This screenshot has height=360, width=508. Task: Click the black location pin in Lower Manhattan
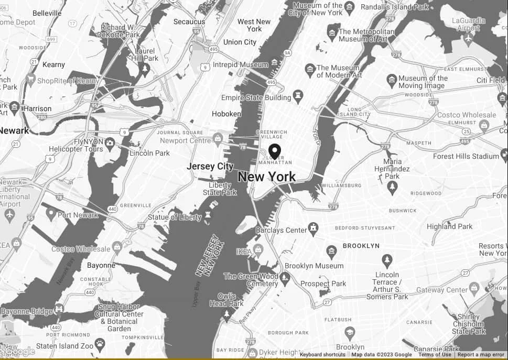[274, 151]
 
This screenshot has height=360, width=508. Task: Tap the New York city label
[266, 177]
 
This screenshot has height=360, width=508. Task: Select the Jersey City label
[210, 166]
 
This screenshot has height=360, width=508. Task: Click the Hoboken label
[226, 114]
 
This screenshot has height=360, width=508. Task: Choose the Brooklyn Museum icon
[331, 252]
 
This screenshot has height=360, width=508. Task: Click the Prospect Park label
[323, 283]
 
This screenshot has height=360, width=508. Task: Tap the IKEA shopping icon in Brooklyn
[257, 249]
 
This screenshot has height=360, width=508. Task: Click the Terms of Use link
[435, 355]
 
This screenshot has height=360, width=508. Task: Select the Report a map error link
[481, 355]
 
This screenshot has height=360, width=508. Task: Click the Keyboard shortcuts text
[322, 355]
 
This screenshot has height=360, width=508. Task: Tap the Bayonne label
[101, 265]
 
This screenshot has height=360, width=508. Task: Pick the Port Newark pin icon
[51, 213]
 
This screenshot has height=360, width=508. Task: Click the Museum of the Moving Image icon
[392, 81]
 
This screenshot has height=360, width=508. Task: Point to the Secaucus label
[189, 21]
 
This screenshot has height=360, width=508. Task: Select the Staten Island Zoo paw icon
[99, 344]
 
